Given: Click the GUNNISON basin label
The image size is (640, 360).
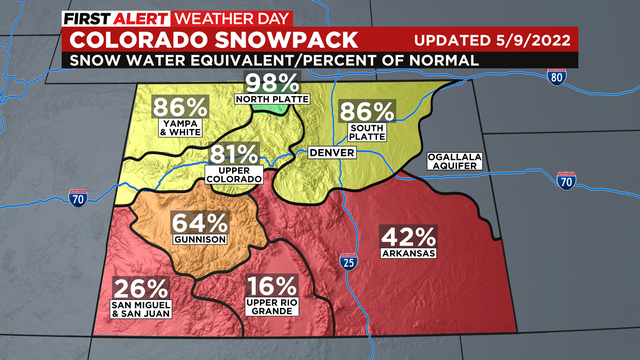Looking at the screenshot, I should pyautogui.click(x=199, y=240).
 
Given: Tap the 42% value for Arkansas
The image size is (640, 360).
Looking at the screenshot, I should pyautogui.click(x=408, y=237).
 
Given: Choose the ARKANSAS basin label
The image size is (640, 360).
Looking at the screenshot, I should pyautogui.click(x=408, y=254).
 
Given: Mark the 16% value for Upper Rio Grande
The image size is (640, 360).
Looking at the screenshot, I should pyautogui.click(x=272, y=286).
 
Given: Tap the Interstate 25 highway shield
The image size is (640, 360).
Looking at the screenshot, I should pyautogui.click(x=346, y=262).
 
